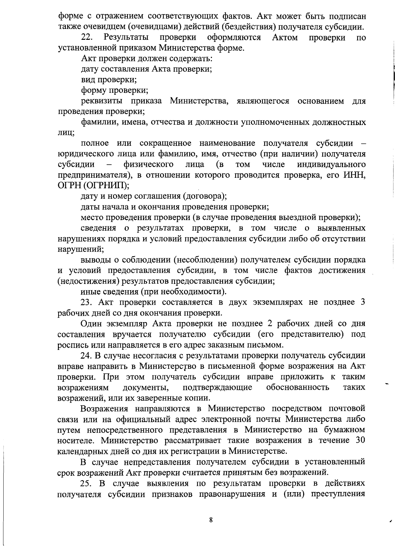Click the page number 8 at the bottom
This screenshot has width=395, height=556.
211,520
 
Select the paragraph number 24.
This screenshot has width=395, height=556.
87,355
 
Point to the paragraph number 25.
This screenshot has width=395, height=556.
87,483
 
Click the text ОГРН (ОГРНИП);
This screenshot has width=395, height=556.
93,186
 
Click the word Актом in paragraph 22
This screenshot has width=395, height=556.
285,38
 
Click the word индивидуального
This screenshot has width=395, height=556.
331,164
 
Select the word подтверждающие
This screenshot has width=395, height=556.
217,387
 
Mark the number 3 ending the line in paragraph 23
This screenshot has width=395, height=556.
363,302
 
